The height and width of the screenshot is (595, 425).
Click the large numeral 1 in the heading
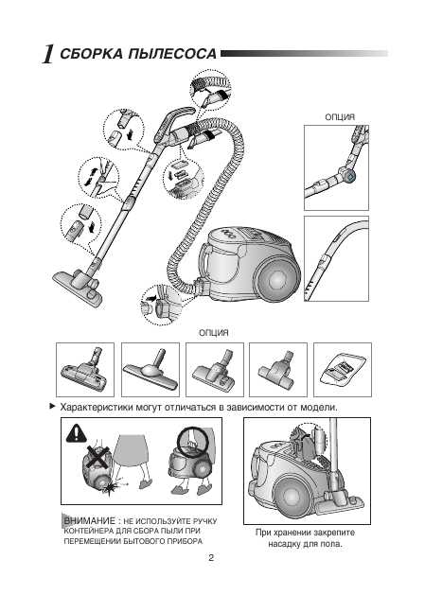click(48, 54)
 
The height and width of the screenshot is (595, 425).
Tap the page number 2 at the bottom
click(211, 558)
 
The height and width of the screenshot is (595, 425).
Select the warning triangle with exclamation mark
click(77, 433)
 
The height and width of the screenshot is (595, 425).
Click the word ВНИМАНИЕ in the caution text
click(89, 520)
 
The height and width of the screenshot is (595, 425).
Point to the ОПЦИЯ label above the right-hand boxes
click(340, 117)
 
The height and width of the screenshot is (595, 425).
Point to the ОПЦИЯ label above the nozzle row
click(214, 333)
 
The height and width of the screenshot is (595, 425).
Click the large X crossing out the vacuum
click(97, 457)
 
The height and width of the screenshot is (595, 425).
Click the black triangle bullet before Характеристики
click(52, 407)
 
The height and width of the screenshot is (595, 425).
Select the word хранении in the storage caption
click(298, 533)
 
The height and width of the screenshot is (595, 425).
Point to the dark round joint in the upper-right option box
click(349, 176)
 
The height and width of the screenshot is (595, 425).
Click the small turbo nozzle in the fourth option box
click(276, 369)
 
